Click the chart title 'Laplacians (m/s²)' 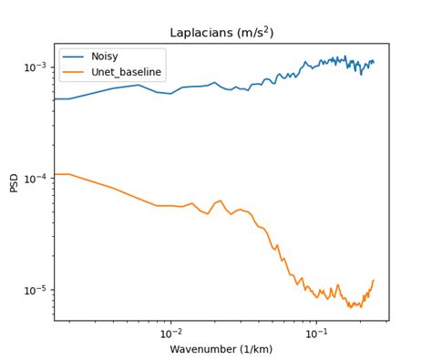point(221,33)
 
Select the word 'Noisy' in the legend point(106,56)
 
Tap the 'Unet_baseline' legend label point(127,71)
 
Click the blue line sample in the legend point(74,56)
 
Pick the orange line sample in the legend point(74,71)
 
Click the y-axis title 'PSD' point(14,182)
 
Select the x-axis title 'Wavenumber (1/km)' point(221,349)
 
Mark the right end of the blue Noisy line point(374,62)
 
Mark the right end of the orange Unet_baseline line point(374,280)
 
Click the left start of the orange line point(55,174)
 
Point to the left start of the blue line point(55,98)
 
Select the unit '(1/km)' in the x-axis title point(254,349)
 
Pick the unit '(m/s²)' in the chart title point(255,33)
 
